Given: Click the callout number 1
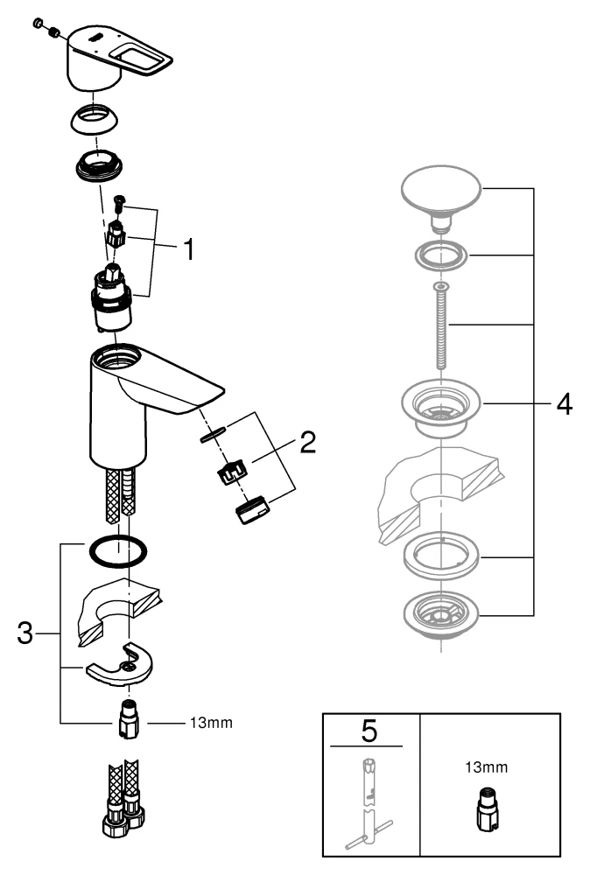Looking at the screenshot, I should (x=186, y=248).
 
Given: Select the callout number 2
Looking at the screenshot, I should (x=306, y=443).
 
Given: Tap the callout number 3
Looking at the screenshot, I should (x=26, y=633).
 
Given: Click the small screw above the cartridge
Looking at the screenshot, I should (x=120, y=205).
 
